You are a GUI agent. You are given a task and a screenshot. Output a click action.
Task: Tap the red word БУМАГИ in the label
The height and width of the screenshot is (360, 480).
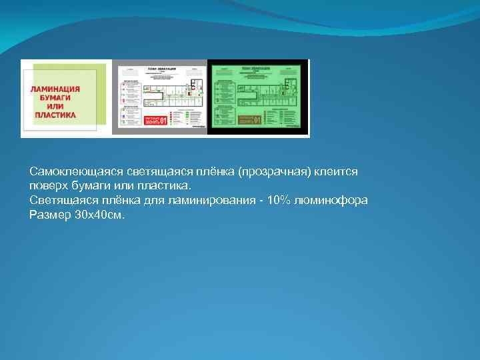[x=55, y=97]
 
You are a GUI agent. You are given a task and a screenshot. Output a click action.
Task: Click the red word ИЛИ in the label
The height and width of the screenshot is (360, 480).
[x=55, y=106]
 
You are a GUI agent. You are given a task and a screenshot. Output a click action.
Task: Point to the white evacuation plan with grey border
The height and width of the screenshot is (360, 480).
[x=160, y=97]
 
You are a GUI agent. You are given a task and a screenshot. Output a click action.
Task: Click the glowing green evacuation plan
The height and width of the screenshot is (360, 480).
[x=259, y=97]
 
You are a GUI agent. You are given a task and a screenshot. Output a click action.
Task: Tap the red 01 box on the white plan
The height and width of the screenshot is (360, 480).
[x=156, y=121]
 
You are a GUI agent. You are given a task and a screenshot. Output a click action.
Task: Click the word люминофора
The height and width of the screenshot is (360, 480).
[x=333, y=201]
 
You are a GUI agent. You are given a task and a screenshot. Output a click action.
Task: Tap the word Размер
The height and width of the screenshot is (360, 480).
[x=48, y=215]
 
